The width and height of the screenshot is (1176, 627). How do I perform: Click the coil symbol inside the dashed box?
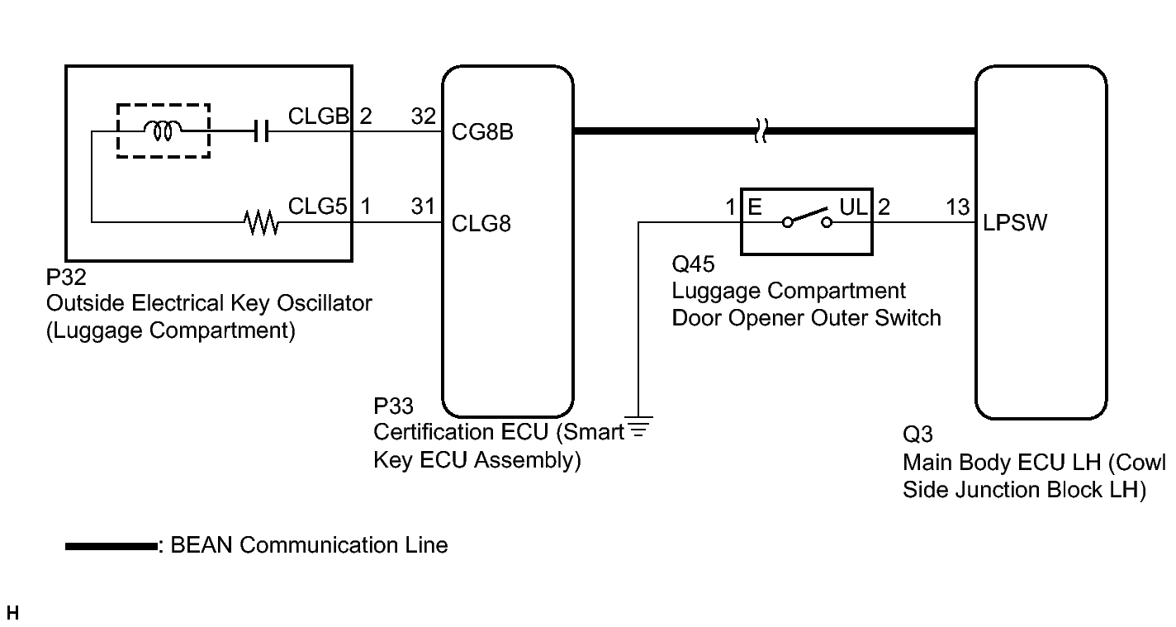(163, 131)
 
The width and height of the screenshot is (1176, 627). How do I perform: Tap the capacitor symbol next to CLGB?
(261, 131)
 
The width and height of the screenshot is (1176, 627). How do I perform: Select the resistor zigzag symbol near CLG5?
(262, 223)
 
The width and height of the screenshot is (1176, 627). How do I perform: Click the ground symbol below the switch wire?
(638, 427)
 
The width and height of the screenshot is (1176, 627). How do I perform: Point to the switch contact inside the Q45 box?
(807, 218)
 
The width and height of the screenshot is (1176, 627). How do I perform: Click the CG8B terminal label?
(482, 132)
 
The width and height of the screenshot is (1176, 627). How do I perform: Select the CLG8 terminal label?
(481, 224)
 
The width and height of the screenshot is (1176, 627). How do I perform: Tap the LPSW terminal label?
(1015, 223)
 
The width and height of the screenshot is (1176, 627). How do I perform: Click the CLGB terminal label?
(318, 116)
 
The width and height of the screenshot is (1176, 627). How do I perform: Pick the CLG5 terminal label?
(317, 207)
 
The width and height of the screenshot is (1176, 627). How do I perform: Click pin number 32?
(423, 116)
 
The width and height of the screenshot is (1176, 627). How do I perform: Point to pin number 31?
(423, 207)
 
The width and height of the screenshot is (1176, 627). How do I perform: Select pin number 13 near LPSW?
(958, 207)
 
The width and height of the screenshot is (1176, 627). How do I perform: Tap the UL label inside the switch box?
(853, 207)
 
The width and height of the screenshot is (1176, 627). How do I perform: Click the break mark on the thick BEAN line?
(761, 131)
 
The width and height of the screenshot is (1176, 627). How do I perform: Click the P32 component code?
(65, 278)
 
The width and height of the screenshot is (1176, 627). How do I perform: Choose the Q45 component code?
(693, 264)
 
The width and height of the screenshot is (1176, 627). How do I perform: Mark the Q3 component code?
(918, 435)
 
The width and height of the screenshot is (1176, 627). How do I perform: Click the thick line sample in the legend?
(111, 547)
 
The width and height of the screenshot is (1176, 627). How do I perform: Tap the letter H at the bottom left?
(12, 613)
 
